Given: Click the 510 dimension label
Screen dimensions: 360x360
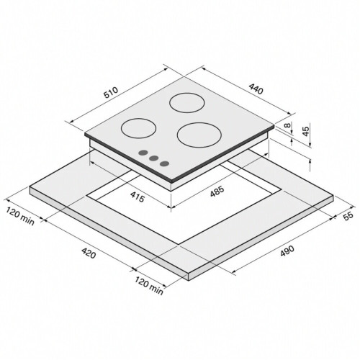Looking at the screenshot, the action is point(111,92).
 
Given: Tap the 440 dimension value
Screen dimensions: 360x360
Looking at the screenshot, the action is point(256,89).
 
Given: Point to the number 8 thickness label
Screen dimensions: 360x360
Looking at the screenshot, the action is point(287,125).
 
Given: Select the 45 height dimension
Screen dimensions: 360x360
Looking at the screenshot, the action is point(305,131).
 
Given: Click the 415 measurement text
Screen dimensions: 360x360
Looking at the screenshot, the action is point(138,197).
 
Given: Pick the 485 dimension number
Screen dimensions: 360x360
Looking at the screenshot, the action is point(217,192).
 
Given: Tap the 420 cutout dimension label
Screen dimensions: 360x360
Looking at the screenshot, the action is point(89,253).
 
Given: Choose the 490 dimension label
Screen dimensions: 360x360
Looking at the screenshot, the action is point(287,251).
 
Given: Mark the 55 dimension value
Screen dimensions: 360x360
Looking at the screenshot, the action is point(348,215).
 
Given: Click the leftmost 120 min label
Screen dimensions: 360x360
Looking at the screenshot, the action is point(20,216).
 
